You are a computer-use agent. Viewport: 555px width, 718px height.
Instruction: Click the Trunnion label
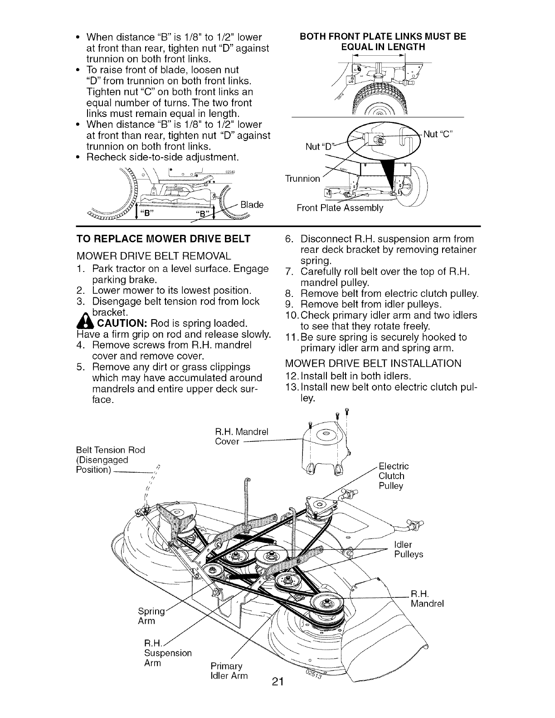[302, 178]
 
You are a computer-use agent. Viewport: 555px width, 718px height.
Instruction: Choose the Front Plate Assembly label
[340, 208]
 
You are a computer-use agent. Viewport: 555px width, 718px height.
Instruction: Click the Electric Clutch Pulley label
[393, 476]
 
